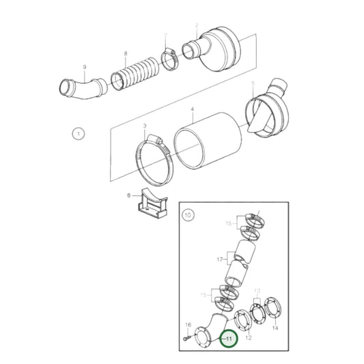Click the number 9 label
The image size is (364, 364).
click(x=84, y=66)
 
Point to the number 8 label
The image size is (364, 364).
click(x=125, y=53)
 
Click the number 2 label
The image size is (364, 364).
click(x=197, y=25)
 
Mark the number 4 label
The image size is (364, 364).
click(x=193, y=109)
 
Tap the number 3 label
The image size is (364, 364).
click(x=144, y=126)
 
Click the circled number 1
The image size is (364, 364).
click(x=78, y=134)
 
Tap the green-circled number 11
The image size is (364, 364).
click(x=229, y=338)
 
